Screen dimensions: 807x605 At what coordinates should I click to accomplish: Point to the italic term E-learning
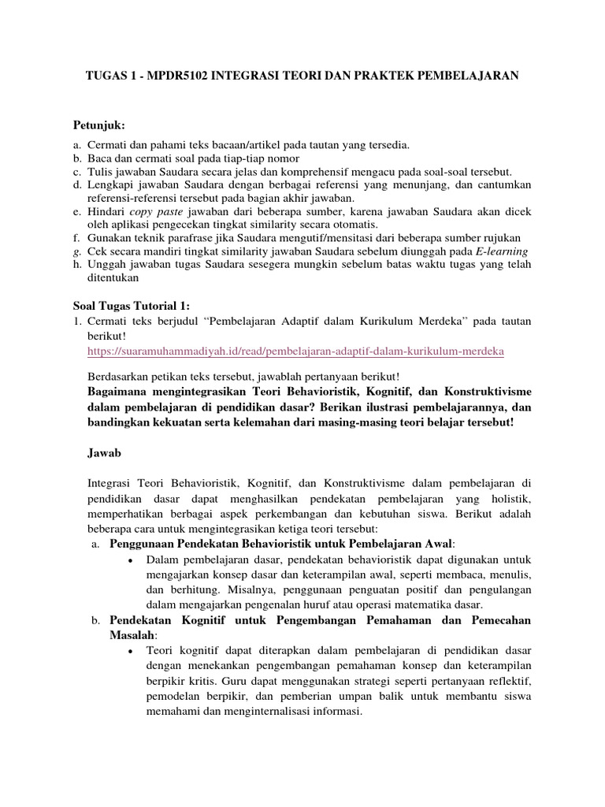[x=498, y=251]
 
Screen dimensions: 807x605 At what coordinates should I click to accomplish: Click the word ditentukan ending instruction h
[x=112, y=277]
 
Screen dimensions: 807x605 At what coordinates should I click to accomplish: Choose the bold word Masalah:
[x=133, y=634]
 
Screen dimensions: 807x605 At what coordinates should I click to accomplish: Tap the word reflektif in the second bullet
[x=507, y=681]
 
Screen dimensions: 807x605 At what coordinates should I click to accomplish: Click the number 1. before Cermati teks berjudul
[x=78, y=322]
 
